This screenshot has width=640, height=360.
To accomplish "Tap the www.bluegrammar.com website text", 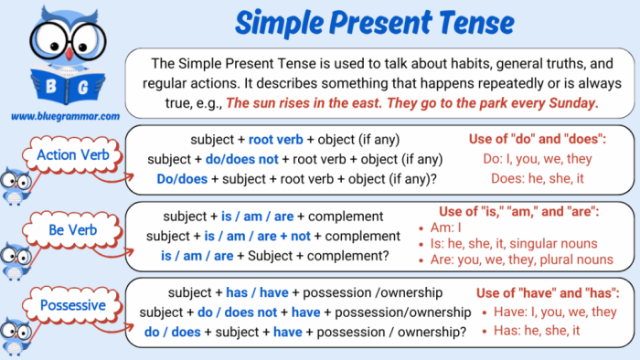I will [65, 116].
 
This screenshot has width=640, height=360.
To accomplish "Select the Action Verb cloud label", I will [73, 154].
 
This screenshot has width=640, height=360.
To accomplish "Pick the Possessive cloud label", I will [72, 304].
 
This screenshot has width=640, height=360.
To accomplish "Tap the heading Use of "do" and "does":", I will [538, 140].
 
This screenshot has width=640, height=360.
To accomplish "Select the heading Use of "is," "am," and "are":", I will [519, 211].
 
